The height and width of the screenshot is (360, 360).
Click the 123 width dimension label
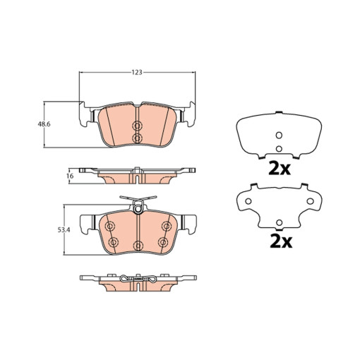pos(137,72)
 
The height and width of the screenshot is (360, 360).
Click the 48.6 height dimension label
pos(44,124)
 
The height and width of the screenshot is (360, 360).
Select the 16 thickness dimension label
pos(70,176)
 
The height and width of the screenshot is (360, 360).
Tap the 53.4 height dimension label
pos(64,230)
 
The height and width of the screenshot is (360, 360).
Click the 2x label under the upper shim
pos(280,169)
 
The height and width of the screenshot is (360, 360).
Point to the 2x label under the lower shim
pos(281,241)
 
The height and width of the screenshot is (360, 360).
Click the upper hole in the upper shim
pos(279,136)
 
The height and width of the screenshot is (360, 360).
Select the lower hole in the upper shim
pos(279,149)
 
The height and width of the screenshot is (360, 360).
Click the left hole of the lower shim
pos(248,201)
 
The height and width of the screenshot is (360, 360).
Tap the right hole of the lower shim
pos(311,201)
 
